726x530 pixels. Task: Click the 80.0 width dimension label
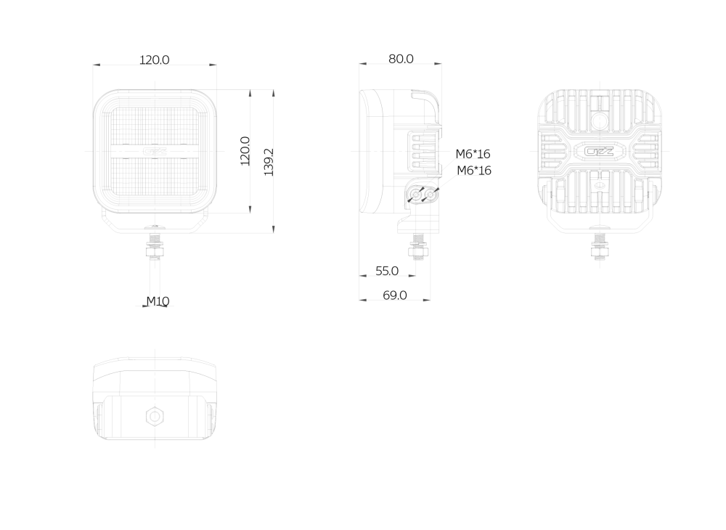tap(401, 59)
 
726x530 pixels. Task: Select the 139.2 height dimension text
tap(269, 162)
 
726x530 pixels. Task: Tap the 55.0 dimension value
tap(387, 271)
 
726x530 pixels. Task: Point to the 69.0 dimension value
tap(395, 295)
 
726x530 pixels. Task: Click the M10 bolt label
tap(158, 301)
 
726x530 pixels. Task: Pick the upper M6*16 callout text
tap(473, 154)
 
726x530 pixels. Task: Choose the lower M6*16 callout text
tap(474, 171)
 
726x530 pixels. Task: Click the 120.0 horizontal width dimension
tap(155, 60)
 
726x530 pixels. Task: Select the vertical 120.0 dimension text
tap(245, 151)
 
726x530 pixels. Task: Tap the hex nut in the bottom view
tap(154, 416)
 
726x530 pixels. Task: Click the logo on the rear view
tap(600, 151)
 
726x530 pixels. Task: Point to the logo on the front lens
tap(155, 151)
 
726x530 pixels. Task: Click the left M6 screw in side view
tap(416, 195)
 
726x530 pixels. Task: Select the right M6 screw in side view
tap(431, 195)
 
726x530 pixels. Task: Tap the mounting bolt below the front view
tap(155, 245)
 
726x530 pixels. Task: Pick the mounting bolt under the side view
tap(417, 245)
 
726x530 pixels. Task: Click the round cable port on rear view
tap(600, 122)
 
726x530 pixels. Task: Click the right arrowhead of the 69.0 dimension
tap(426, 300)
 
